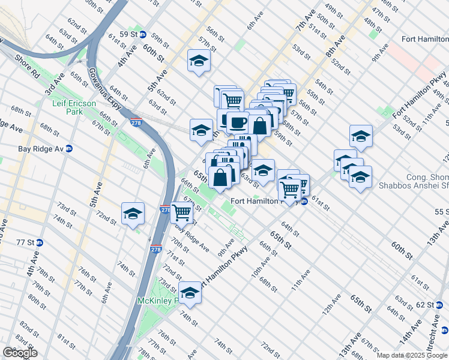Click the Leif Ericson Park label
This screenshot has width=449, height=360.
tap(74, 107)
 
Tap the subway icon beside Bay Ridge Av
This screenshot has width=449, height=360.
tap(68, 148)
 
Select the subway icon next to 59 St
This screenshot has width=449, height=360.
tap(143, 34)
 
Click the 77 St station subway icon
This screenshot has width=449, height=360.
tap(40, 242)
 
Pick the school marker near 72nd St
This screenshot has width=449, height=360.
tap(133, 213)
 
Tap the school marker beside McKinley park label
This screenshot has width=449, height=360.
tap(190, 292)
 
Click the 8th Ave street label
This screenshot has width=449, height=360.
tap(336, 49)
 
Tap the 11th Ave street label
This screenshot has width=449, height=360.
tap(301, 280)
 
